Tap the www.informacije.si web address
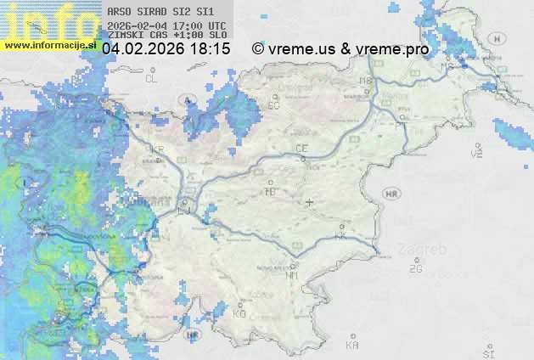click(x=49, y=45)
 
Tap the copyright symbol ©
click(x=258, y=49)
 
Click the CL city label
click(x=152, y=79)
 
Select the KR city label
click(x=157, y=149)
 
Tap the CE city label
click(x=301, y=148)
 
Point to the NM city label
click(x=292, y=275)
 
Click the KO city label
click(x=239, y=313)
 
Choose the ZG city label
click(x=415, y=269)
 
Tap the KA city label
click(x=352, y=346)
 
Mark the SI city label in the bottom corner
click(x=487, y=351)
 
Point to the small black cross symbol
click(x=310, y=202)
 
